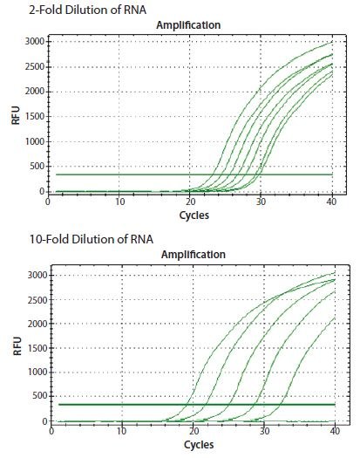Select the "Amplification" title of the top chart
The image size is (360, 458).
click(x=187, y=25)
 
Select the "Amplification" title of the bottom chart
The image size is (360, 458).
click(x=187, y=256)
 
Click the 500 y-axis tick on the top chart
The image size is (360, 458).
click(x=37, y=166)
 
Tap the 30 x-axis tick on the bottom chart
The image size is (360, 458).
click(x=262, y=431)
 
